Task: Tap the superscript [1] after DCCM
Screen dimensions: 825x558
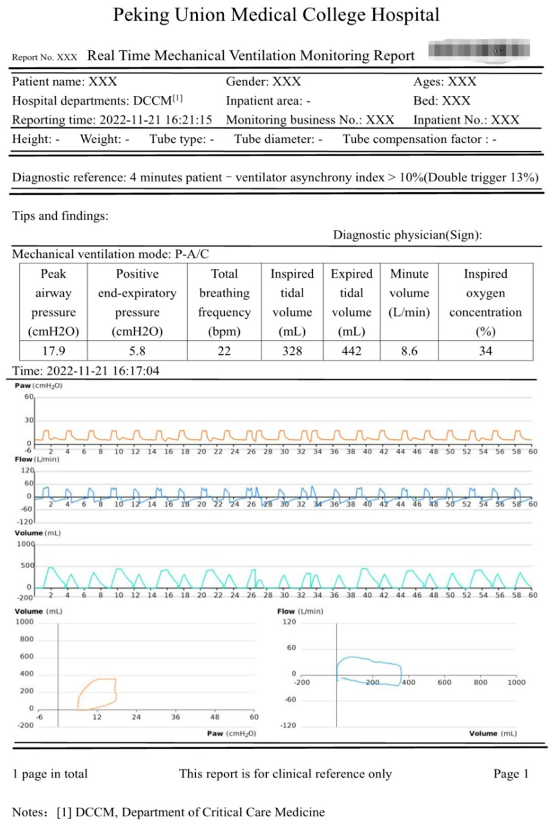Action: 177,98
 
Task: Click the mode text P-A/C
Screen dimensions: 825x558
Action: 192,254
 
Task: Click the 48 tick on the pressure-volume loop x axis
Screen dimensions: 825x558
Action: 215,717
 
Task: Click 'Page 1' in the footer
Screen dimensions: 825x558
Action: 511,774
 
